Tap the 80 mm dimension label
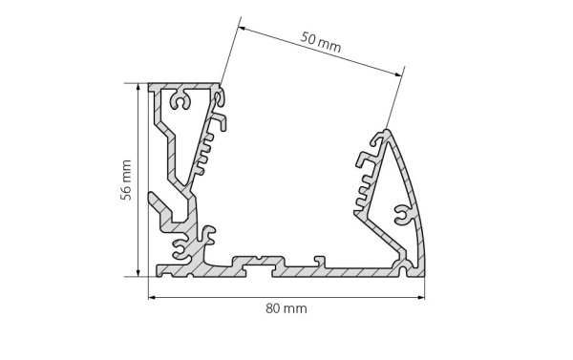[x=286, y=308]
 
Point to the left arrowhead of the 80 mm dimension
[x=151, y=297]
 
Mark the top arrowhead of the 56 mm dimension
[x=139, y=86]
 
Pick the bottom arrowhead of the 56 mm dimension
[x=139, y=273]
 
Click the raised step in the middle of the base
[x=257, y=261]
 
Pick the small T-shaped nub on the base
[x=319, y=258]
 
